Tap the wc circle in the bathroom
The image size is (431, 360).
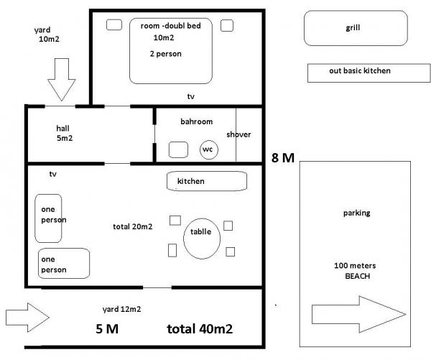pyautogui.click(x=208, y=149)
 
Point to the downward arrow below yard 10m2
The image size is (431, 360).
pyautogui.click(x=62, y=79)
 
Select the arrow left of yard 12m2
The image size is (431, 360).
pyautogui.click(x=27, y=315)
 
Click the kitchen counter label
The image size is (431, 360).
pyautogui.click(x=191, y=181)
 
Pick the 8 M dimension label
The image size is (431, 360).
pyautogui.click(x=283, y=158)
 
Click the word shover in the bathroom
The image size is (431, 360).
pyautogui.click(x=238, y=134)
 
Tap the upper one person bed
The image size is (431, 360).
pyautogui.click(x=48, y=218)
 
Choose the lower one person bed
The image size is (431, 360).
pyautogui.click(x=63, y=264)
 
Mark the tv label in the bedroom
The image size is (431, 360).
pyautogui.click(x=190, y=96)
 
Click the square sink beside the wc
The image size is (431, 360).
pyautogui.click(x=177, y=149)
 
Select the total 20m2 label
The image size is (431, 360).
pyautogui.click(x=133, y=227)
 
